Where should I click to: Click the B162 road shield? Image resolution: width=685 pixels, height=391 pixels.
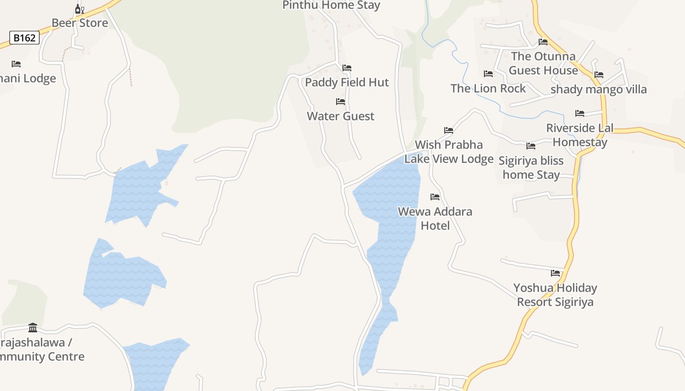[x=24, y=38]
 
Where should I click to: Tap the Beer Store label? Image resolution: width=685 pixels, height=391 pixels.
[x=80, y=23]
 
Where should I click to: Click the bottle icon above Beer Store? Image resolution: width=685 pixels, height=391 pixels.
[x=79, y=9]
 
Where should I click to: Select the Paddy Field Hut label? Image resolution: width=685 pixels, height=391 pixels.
[x=347, y=82]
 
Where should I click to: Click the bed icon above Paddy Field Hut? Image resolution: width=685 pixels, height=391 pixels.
[x=347, y=68]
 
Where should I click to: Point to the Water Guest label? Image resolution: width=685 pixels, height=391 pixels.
[x=341, y=116]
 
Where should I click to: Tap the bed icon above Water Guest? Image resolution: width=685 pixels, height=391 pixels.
[x=341, y=102]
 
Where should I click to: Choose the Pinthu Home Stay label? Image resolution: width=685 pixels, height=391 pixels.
[x=331, y=5]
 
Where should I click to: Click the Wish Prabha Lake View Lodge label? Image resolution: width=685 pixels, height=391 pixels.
[x=449, y=152]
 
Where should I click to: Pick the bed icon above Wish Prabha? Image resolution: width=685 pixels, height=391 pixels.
[x=449, y=130]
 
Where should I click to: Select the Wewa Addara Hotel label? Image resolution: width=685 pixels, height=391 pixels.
[x=435, y=218]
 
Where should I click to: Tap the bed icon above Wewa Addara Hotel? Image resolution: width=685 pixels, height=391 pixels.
[x=435, y=197]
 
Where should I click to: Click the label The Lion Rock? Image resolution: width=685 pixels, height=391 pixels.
[x=488, y=88]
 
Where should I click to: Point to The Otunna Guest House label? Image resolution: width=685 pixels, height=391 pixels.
[x=543, y=63]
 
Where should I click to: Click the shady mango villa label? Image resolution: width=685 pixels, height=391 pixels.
[x=598, y=89]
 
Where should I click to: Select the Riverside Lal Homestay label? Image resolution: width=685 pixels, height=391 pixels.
[x=580, y=135]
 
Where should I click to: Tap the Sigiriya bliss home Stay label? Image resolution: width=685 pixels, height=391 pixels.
[x=531, y=168]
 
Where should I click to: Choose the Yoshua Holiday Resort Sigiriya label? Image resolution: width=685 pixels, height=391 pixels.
[x=555, y=295]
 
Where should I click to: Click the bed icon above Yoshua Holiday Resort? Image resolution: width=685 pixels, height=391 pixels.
[x=555, y=273]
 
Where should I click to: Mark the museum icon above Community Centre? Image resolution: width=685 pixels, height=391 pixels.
[x=33, y=327]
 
